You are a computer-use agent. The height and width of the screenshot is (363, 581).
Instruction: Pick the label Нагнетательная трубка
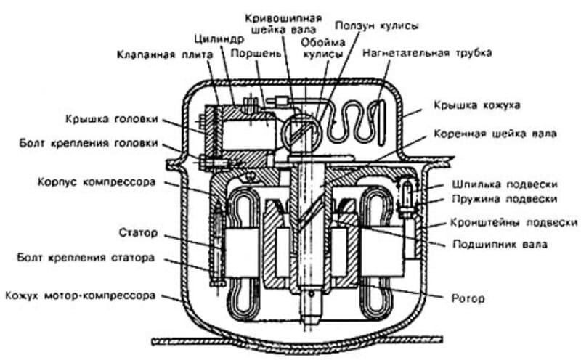click(428, 53)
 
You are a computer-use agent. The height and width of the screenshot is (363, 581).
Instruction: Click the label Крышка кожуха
click(472, 105)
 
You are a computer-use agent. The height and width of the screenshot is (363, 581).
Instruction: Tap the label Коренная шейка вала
click(495, 134)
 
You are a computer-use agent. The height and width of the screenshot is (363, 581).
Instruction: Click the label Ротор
click(467, 298)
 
